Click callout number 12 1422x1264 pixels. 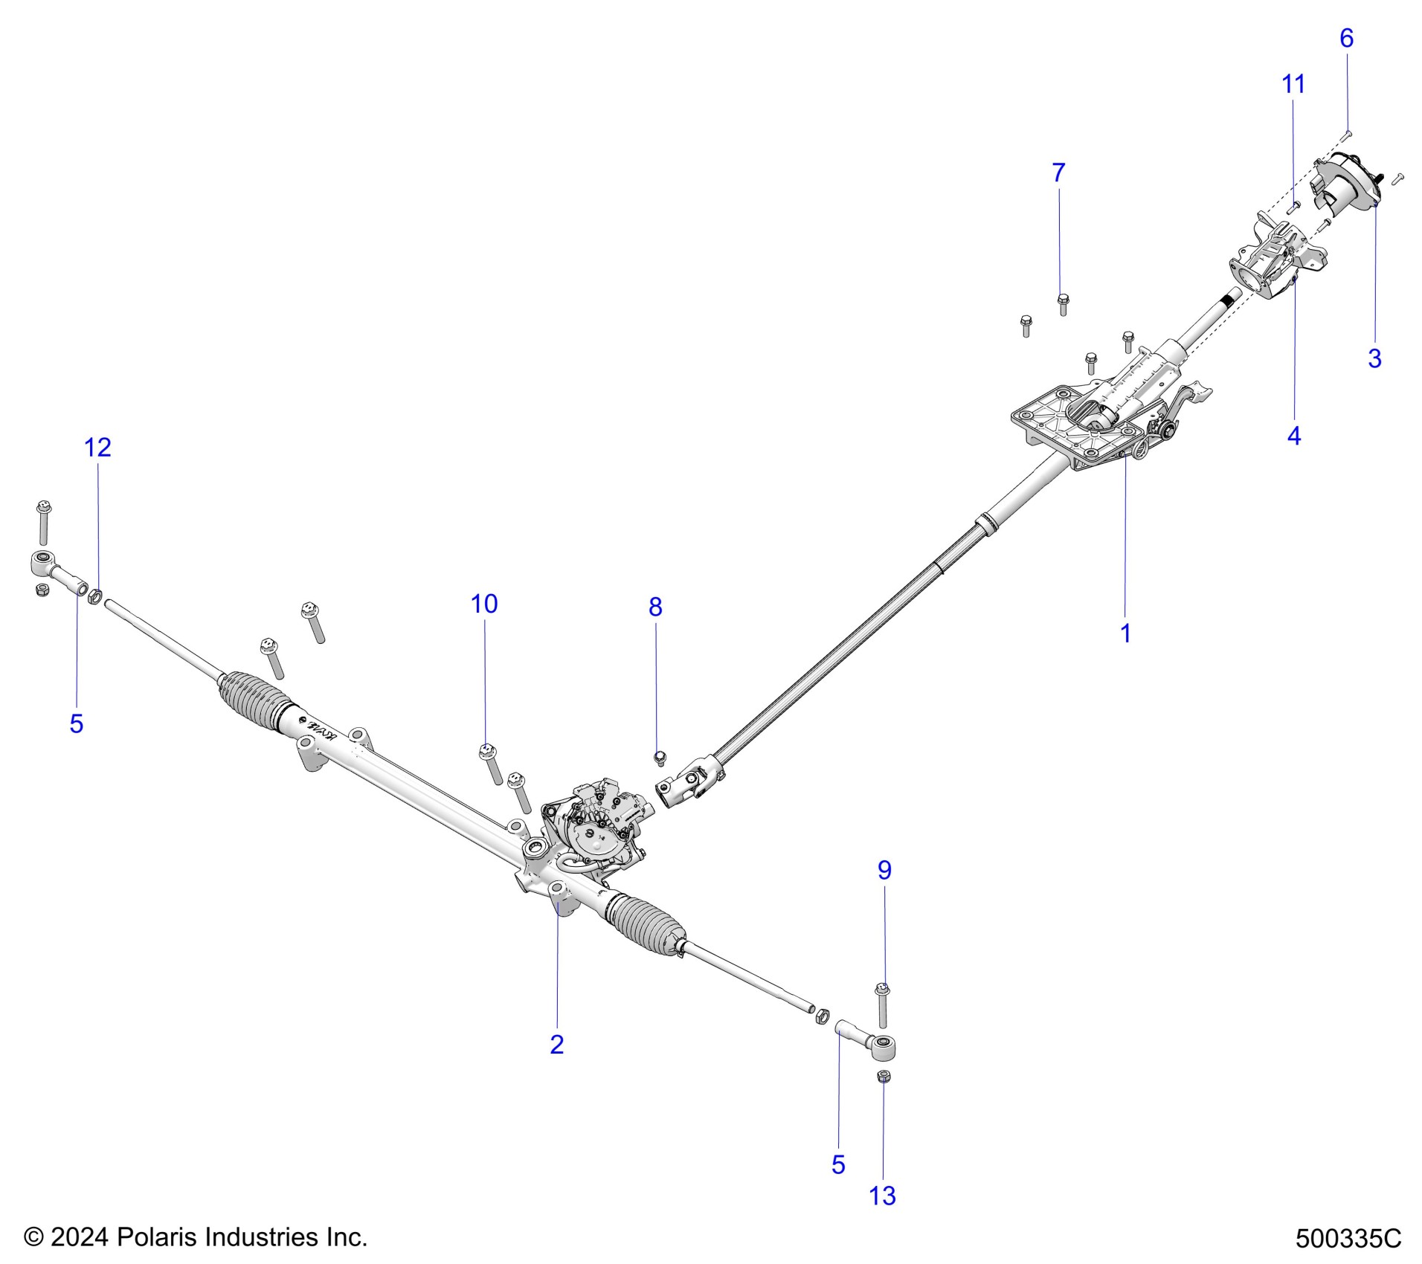pyautogui.click(x=97, y=448)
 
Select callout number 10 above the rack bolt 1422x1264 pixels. pyautogui.click(x=484, y=604)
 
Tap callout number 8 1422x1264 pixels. pyautogui.click(x=654, y=607)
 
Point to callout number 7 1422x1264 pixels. pyautogui.click(x=1058, y=173)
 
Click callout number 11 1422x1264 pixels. pyautogui.click(x=1293, y=85)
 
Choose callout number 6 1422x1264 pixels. pyautogui.click(x=1346, y=39)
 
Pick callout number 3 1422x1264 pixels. pyautogui.click(x=1374, y=358)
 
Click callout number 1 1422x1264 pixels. pyautogui.click(x=1125, y=633)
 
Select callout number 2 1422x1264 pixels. pyautogui.click(x=557, y=1045)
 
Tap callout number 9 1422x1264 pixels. pyautogui.click(x=884, y=870)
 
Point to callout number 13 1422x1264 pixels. pyautogui.click(x=883, y=1196)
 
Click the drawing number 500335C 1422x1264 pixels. pyautogui.click(x=1348, y=1239)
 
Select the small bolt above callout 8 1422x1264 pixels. pyautogui.click(x=659, y=758)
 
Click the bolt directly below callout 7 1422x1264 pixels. pyautogui.click(x=1062, y=303)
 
